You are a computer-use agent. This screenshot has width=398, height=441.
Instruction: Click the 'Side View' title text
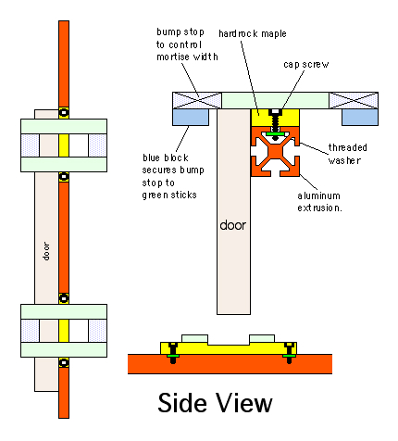(215, 403)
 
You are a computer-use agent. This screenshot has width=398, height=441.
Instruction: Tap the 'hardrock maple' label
(253, 33)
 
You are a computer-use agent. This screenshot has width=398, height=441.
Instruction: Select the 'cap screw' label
(306, 64)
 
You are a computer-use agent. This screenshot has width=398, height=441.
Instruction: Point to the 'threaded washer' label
(347, 154)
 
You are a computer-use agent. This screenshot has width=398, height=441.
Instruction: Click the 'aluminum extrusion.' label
(319, 202)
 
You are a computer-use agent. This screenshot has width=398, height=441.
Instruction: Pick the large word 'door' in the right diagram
(233, 225)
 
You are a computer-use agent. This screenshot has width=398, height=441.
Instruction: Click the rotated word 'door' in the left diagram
(46, 251)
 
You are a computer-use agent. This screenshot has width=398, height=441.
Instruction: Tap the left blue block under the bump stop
(191, 117)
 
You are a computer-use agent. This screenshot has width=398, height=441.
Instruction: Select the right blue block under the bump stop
(360, 117)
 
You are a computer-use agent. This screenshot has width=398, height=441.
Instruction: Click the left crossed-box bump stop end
(197, 100)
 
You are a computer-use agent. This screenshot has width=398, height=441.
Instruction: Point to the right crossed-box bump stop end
(354, 100)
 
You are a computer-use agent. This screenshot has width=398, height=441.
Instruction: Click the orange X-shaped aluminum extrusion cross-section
(275, 151)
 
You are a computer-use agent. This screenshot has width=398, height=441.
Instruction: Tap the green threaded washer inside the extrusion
(276, 134)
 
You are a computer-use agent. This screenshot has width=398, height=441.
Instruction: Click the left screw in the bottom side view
(173, 353)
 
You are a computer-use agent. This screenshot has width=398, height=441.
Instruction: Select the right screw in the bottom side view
(289, 353)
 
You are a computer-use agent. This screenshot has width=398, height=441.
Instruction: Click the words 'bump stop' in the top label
(180, 32)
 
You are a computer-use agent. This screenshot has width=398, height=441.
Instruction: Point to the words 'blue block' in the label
(166, 157)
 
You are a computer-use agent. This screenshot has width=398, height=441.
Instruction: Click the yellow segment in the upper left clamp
(64, 145)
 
